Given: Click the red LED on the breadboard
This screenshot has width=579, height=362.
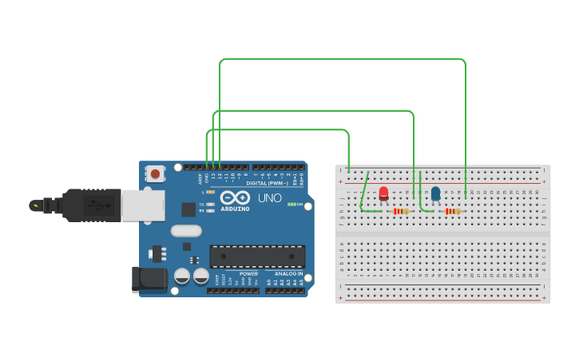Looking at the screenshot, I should click(383, 193).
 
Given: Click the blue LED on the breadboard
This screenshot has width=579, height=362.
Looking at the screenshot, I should click(435, 193).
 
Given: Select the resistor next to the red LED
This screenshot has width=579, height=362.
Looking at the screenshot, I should click(401, 212).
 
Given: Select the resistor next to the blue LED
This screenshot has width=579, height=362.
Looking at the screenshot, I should click(453, 212).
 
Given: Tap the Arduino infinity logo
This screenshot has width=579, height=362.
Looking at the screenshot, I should click(236, 197).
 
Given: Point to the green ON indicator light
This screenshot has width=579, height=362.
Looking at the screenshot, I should click(291, 205).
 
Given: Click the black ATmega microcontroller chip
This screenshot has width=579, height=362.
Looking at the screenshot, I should click(257, 256).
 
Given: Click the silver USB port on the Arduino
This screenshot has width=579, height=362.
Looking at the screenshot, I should click(143, 205).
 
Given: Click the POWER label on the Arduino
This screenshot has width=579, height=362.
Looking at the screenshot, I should click(248, 273).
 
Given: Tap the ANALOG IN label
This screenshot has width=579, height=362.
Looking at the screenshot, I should click(289, 273).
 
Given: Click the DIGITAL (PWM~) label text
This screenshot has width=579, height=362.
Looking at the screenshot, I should click(268, 183).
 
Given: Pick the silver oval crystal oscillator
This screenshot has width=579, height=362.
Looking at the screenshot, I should click(186, 231).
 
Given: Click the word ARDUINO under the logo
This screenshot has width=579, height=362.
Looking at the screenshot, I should click(236, 209).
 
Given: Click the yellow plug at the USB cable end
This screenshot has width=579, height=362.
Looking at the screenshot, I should click(35, 205).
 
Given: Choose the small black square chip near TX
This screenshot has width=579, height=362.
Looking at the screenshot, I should click(188, 209).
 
